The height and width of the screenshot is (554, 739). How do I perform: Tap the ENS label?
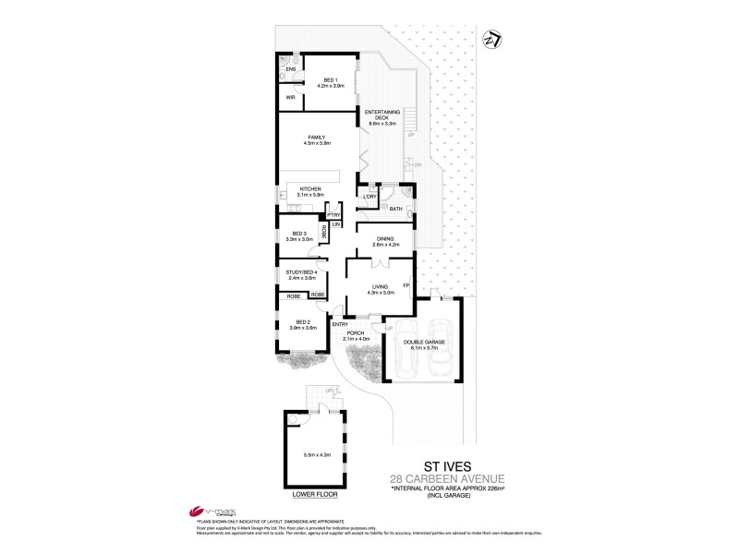[x=289, y=69]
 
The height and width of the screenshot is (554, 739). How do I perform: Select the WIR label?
[x=289, y=97]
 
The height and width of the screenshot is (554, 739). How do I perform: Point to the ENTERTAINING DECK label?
[x=382, y=114]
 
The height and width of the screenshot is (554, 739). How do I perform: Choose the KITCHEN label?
[x=309, y=189]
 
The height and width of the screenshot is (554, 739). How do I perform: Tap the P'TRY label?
[x=334, y=215]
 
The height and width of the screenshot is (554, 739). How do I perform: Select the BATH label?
[x=394, y=210]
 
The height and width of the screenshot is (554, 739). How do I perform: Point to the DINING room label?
[x=385, y=239]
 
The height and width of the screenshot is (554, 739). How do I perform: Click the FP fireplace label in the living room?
[x=406, y=286]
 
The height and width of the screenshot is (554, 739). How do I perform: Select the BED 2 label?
[x=301, y=322]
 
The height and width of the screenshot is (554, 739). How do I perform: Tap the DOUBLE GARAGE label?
[x=425, y=342]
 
